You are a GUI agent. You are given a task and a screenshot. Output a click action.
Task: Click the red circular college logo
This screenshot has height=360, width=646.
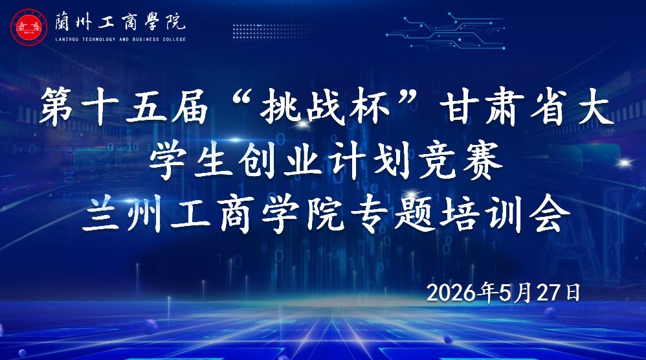click(x=29, y=27)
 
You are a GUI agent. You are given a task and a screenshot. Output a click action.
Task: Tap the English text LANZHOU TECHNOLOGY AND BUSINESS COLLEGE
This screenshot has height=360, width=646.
click(x=120, y=39)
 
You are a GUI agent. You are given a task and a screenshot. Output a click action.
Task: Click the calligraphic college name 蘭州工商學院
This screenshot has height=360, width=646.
click(x=120, y=22)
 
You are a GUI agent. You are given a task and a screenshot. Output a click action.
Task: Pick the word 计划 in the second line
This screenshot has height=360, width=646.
click(x=372, y=161)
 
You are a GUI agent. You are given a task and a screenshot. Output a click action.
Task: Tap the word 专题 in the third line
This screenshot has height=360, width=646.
click(x=390, y=214)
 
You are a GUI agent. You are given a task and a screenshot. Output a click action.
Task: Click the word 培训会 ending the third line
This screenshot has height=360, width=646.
click(x=504, y=214)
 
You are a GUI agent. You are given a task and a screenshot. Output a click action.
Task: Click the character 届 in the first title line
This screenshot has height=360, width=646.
click(x=190, y=106)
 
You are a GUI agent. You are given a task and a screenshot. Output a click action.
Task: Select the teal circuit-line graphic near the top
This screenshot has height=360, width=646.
click(x=445, y=30)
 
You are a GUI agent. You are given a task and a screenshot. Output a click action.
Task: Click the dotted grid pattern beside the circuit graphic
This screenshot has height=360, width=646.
click(x=273, y=31)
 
